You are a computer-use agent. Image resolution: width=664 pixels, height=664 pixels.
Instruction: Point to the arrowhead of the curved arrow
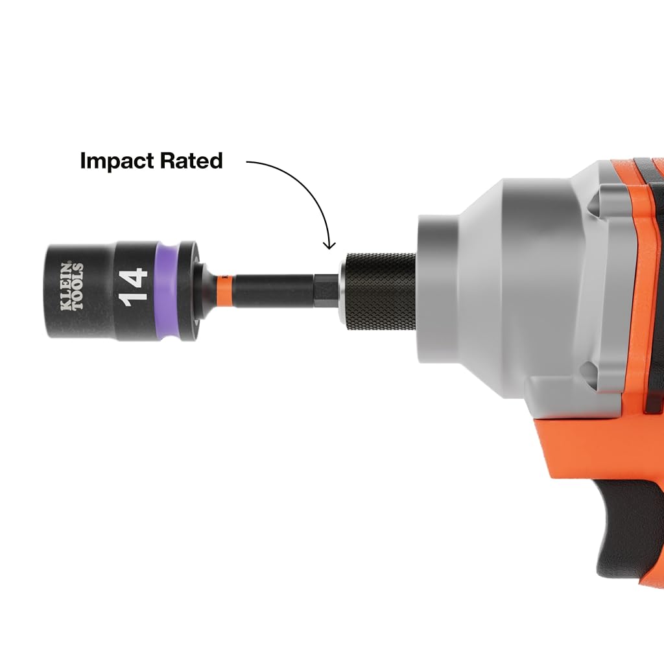(x=329, y=245)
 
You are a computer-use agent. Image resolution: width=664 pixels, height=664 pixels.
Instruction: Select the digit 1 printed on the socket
(x=134, y=301)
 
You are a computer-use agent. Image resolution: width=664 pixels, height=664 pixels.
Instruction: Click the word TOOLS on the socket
(x=78, y=287)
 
